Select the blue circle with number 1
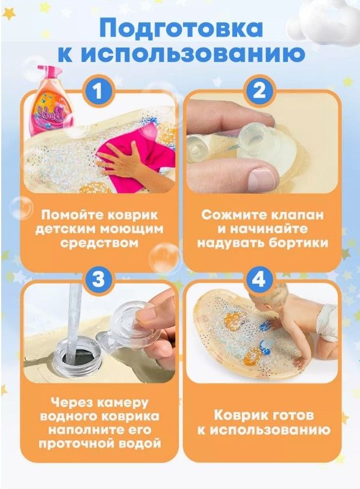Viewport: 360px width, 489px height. tap(98, 91)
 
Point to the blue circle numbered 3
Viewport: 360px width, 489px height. tap(98, 279)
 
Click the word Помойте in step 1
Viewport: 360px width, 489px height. tap(71, 215)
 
